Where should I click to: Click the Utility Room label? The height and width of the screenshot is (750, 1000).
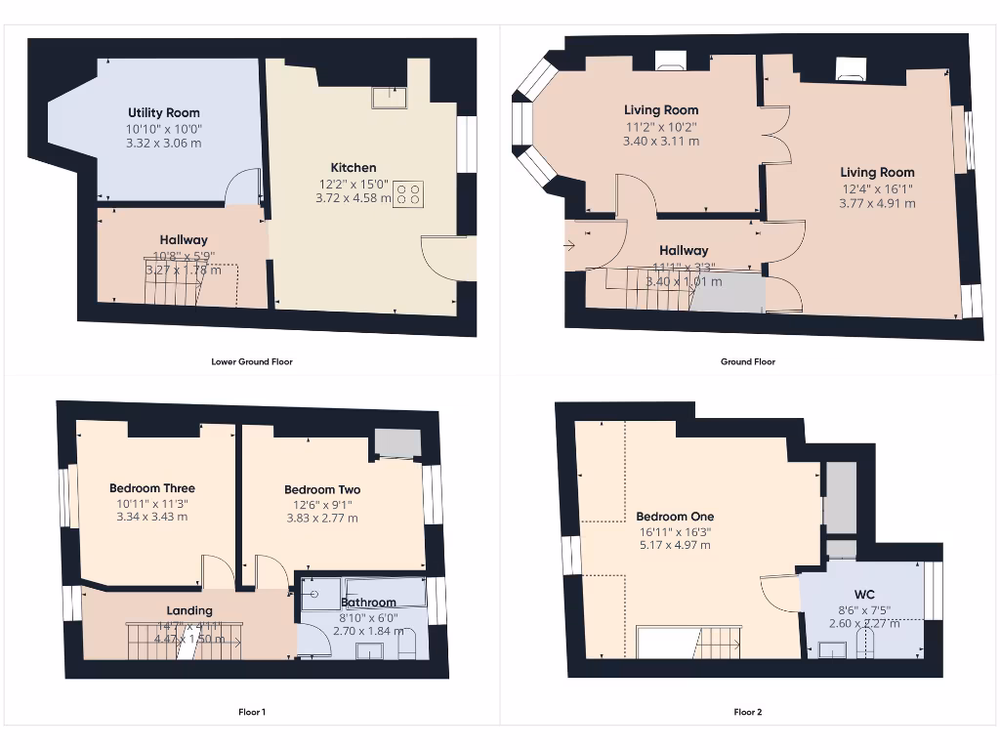(163, 112)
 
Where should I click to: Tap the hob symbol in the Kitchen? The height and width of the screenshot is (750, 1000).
(410, 193)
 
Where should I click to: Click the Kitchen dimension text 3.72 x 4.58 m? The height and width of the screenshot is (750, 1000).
(353, 198)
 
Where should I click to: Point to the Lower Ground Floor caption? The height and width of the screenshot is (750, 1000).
(252, 361)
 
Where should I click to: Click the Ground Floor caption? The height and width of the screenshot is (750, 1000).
(748, 361)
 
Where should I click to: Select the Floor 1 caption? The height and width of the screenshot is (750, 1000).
(252, 712)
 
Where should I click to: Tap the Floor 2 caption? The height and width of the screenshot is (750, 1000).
(748, 712)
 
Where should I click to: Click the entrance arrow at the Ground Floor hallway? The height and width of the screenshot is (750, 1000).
(570, 244)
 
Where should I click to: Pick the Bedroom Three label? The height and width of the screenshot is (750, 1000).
(151, 488)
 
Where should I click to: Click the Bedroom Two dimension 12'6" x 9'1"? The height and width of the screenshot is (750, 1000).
(321, 505)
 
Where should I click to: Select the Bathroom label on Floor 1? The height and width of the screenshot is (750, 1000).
(368, 603)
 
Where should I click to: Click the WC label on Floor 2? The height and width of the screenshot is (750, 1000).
(864, 594)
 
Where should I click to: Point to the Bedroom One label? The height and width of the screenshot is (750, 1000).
(675, 517)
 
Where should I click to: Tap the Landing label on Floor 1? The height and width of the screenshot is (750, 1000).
(189, 610)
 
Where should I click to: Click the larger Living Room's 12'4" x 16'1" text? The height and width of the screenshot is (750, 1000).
(877, 188)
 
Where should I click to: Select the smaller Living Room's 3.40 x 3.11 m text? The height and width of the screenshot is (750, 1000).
(661, 142)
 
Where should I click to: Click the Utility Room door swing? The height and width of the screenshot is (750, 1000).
(241, 189)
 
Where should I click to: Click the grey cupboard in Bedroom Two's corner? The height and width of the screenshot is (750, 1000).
(396, 442)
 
